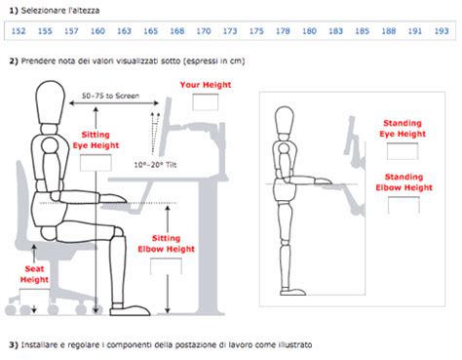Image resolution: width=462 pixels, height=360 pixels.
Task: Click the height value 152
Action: click(18, 31)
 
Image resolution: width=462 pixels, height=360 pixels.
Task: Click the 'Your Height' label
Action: click(204, 86)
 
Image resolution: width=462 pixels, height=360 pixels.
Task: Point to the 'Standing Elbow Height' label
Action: click(403, 182)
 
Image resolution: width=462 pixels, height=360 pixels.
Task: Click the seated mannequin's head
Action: click(52, 101)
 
